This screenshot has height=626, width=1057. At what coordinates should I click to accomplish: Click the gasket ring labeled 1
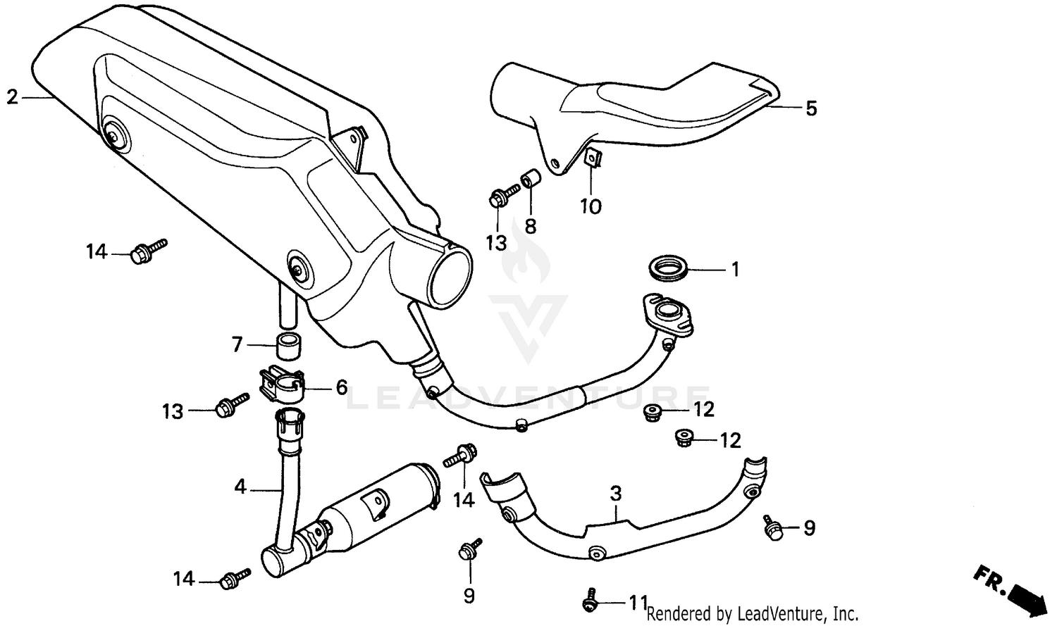665,270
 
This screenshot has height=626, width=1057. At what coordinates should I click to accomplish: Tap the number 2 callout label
12,97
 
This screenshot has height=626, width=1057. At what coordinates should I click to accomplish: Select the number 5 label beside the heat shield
811,108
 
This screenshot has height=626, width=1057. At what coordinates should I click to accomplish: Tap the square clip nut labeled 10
593,160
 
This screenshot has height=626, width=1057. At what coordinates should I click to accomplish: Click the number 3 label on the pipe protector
616,494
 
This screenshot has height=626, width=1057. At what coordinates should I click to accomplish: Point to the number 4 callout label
240,486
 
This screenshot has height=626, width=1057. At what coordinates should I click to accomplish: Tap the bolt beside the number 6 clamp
231,405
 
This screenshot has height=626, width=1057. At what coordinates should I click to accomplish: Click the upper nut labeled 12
653,412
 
